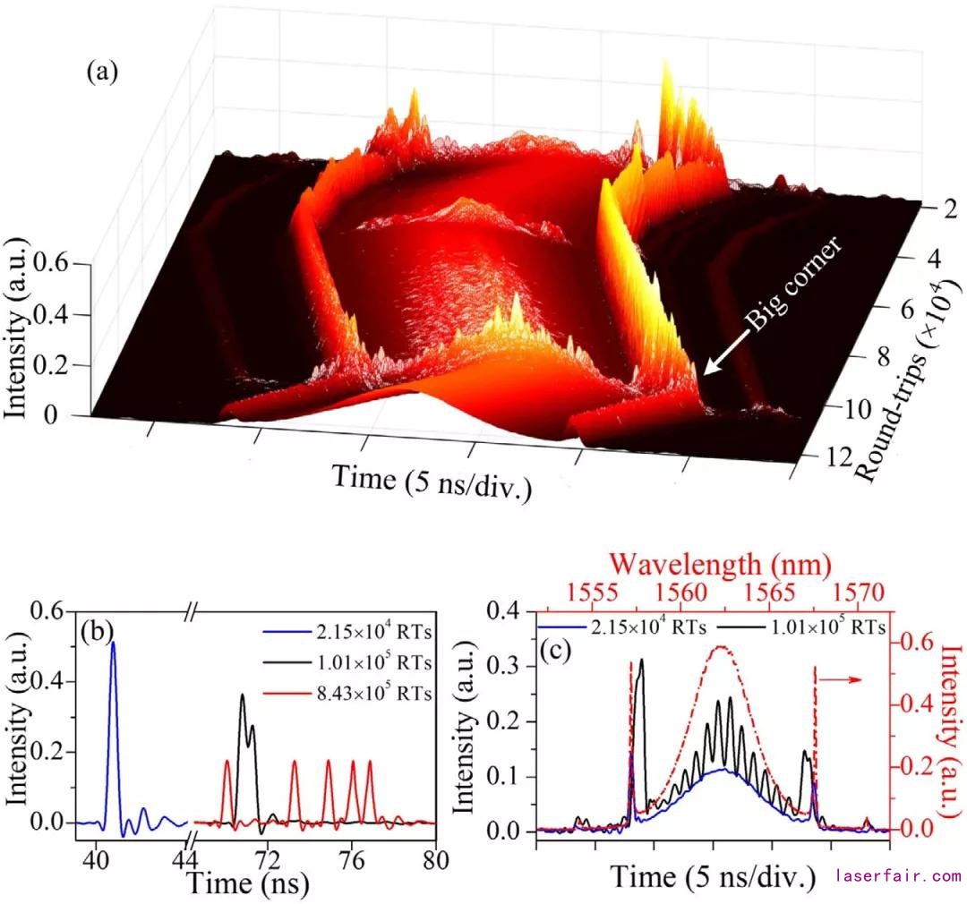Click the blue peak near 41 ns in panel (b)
[113, 644]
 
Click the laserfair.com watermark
[898, 876]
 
